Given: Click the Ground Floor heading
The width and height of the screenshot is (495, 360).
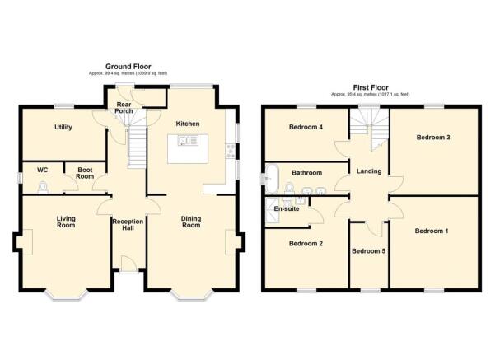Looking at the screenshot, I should pyautogui.click(x=126, y=66).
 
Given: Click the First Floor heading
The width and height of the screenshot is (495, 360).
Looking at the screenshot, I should pyautogui.click(x=370, y=87).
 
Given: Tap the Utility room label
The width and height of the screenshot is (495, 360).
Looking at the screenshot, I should pyautogui.click(x=65, y=128).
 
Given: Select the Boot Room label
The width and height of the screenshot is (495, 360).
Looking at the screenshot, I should pyautogui.click(x=85, y=173).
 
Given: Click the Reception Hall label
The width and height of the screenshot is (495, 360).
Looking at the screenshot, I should pyautogui.click(x=128, y=224).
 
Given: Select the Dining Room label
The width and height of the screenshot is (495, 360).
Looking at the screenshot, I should pyautogui.click(x=191, y=222).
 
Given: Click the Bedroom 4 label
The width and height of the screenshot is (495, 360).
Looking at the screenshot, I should pyautogui.click(x=306, y=127).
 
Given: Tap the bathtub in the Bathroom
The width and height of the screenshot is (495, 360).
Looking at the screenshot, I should pyautogui.click(x=271, y=175).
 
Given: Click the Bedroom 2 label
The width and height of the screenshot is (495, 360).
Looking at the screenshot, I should pyautogui.click(x=305, y=243).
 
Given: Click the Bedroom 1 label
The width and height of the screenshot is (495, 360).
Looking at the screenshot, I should pyautogui.click(x=432, y=231).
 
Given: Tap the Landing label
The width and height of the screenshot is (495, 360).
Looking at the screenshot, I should pyautogui.click(x=368, y=171).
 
